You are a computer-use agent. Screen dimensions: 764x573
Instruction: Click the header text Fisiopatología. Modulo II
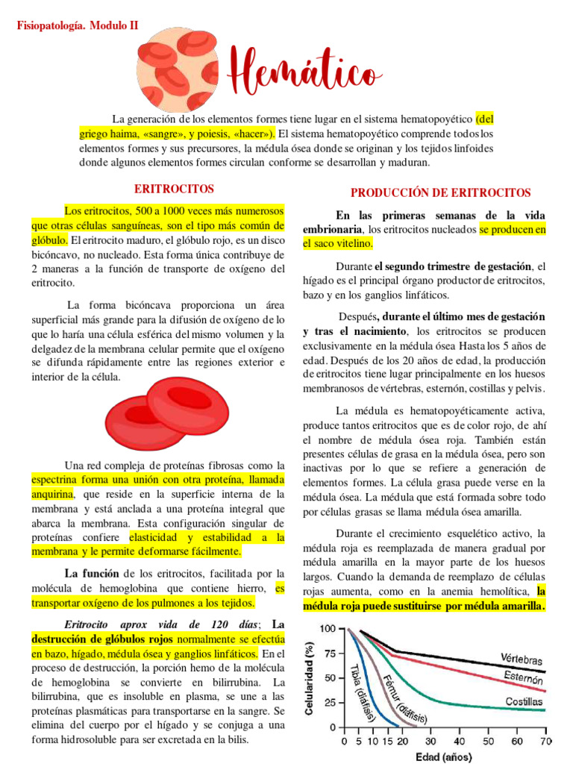(x=77, y=25)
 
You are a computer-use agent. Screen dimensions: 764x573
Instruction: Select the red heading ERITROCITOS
(x=174, y=190)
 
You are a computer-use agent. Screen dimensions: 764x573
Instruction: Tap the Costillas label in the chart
(x=523, y=702)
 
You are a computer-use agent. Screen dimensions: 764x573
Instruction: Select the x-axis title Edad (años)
(x=443, y=757)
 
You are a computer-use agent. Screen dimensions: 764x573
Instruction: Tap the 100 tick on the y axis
(x=327, y=629)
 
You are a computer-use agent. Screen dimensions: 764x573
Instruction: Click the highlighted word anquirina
(x=51, y=494)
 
